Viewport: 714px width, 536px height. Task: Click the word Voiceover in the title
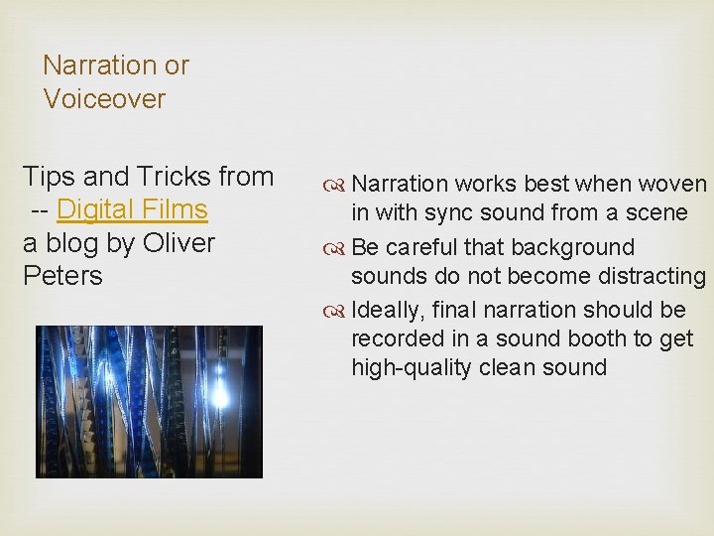coord(104,99)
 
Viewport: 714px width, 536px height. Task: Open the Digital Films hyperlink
coord(132,209)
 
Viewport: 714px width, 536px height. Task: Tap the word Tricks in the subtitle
coord(175,177)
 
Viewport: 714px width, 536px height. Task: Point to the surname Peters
coord(62,276)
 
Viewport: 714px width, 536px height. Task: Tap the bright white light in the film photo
coord(219,397)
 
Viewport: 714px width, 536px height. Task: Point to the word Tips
coord(50,177)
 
